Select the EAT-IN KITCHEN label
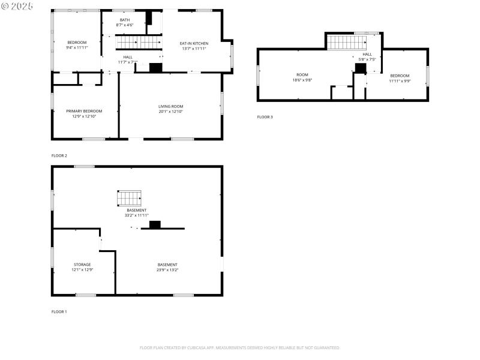(194, 43)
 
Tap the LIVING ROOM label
(170, 106)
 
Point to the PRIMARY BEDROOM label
(84, 111)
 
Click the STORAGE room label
(83, 265)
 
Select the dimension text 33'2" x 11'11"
(136, 215)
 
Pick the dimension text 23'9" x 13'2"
(167, 270)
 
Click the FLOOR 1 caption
(59, 312)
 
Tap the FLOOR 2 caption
(59, 156)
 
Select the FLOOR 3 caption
(265, 117)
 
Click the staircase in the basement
(129, 198)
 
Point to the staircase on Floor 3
(347, 43)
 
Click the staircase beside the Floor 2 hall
(138, 42)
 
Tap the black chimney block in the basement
(155, 225)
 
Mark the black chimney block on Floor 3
(360, 68)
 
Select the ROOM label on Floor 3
(302, 75)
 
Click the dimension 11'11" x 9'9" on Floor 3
(400, 80)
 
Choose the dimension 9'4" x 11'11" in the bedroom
(77, 47)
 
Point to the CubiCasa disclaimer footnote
(240, 348)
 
